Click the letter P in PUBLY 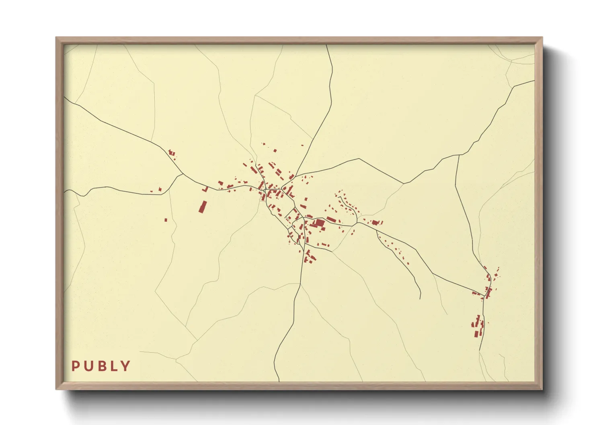point(75,366)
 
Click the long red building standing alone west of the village point(203,206)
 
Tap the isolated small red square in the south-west point(166,220)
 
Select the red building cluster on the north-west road point(172,153)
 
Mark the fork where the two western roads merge point(183,174)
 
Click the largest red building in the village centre point(319,223)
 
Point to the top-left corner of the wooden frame point(56,38)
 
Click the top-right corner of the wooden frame point(542,38)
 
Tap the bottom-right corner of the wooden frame point(542,389)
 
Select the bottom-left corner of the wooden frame point(56,389)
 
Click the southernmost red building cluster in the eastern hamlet point(477,326)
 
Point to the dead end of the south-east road point(420,299)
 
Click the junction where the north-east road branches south point(459,155)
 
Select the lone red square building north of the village point(275,151)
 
